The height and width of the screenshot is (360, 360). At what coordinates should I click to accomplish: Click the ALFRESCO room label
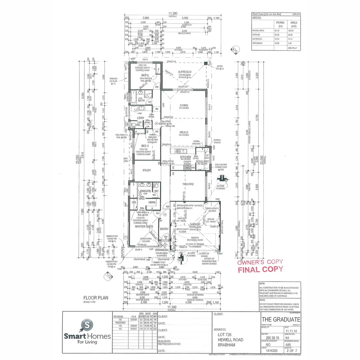pos(184,72)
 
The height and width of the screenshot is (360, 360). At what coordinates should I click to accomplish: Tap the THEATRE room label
pos(188,184)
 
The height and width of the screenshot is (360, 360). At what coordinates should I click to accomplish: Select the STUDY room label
pos(147,170)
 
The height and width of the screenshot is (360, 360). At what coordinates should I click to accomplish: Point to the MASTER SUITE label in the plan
pos(144,226)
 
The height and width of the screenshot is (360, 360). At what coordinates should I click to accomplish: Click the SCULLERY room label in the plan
pos(202,161)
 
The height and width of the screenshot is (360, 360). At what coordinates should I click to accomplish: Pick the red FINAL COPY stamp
pos(260,269)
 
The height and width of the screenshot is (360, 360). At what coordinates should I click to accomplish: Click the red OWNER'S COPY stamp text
pos(260,262)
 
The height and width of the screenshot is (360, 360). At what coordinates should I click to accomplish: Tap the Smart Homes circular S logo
pos(87,324)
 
